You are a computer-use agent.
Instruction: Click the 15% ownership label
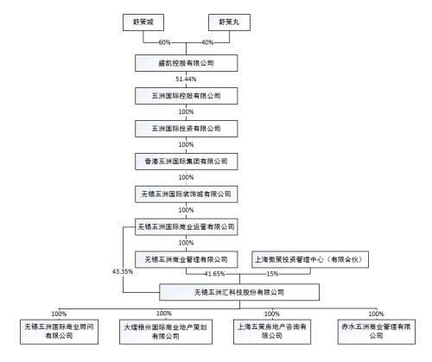point(272,274)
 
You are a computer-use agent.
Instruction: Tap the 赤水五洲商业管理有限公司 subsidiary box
point(376,330)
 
